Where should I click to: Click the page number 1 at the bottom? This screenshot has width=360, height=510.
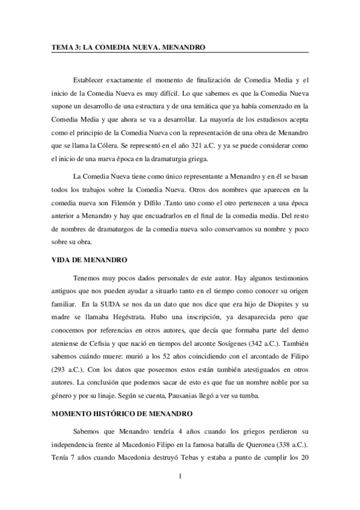pos(180,478)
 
